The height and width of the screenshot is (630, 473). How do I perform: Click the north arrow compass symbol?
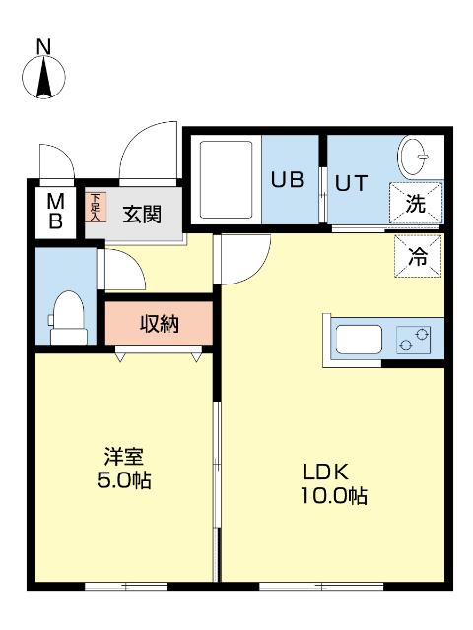click(x=44, y=77)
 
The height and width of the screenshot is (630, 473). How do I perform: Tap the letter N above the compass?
click(x=43, y=46)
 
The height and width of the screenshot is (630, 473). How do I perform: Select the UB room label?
click(x=287, y=180)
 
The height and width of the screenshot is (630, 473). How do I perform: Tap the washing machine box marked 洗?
click(x=416, y=206)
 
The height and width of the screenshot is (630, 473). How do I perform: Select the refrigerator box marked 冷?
click(x=417, y=258)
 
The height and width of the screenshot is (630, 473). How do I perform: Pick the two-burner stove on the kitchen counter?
click(x=414, y=340)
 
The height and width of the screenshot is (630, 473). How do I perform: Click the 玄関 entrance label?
click(x=142, y=214)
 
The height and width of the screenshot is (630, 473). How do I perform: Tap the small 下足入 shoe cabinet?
click(x=95, y=208)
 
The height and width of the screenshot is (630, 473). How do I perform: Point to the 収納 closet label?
click(x=159, y=323)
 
